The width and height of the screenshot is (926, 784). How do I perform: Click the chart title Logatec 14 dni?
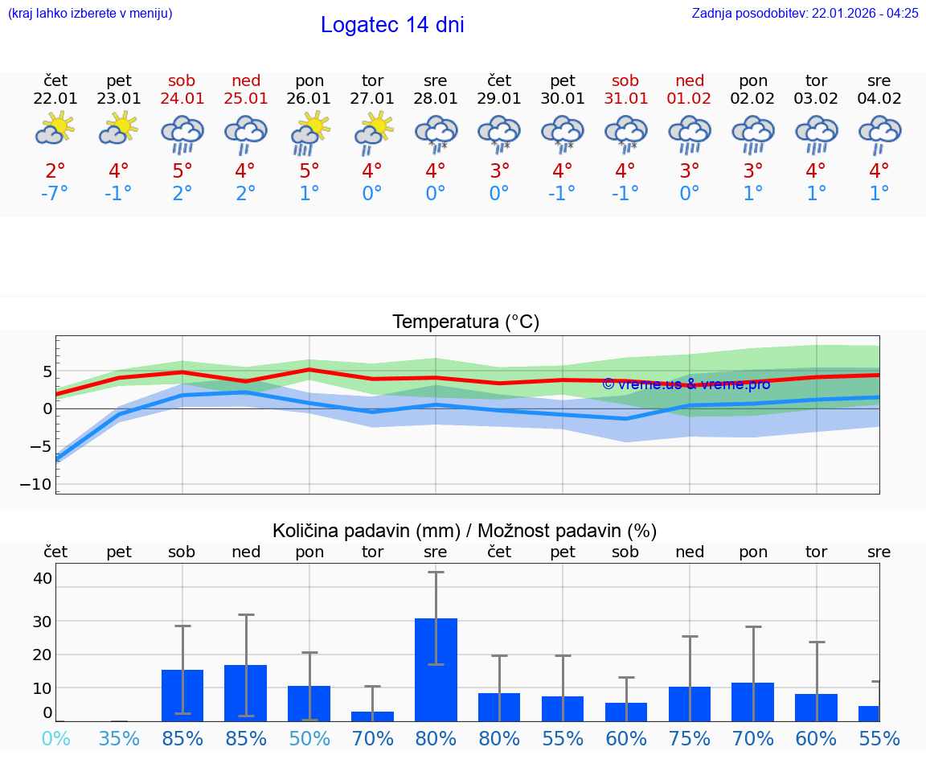(x=392, y=25)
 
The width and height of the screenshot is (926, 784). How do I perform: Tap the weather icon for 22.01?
(x=55, y=129)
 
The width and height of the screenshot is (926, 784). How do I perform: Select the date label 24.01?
(x=182, y=99)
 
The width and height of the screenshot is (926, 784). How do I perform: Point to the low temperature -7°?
(x=55, y=194)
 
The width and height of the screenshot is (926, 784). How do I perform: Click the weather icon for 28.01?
(x=436, y=133)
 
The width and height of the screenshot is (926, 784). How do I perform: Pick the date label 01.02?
(x=690, y=99)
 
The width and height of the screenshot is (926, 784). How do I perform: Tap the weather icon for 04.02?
(x=879, y=133)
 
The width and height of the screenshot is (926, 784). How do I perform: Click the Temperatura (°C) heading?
(x=465, y=322)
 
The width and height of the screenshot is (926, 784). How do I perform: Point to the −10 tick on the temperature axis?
(x=35, y=484)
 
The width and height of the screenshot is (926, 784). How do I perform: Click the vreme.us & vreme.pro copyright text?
(x=686, y=384)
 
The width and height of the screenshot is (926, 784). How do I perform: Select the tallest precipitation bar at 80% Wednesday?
(x=436, y=669)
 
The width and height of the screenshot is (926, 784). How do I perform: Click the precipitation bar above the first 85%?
(x=182, y=695)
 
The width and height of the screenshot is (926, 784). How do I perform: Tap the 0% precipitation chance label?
(x=55, y=738)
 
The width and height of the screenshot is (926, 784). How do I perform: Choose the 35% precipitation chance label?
(x=119, y=738)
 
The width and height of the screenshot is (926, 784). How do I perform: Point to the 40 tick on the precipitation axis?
(x=43, y=578)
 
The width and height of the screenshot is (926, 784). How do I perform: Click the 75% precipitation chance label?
(x=690, y=738)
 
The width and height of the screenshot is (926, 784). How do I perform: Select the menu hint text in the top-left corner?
(x=90, y=14)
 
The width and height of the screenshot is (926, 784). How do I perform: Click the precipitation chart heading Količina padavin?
(x=465, y=531)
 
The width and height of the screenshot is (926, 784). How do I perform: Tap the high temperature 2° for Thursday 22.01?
(x=55, y=170)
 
